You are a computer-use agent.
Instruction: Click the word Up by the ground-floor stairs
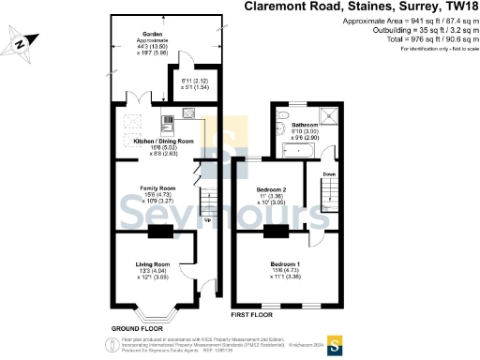[x=206, y=221]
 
